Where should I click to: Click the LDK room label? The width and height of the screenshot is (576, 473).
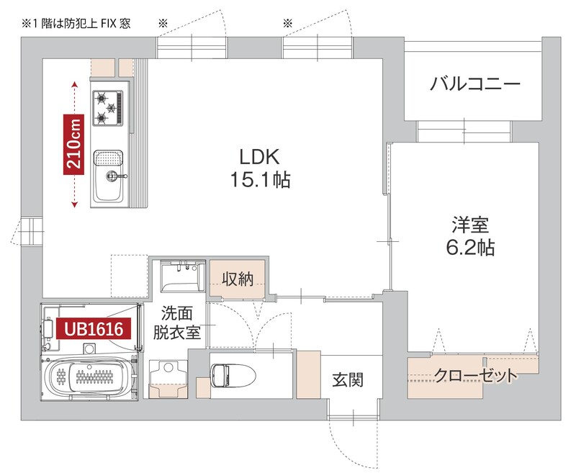(260, 157)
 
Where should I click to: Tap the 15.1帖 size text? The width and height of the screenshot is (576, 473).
(260, 180)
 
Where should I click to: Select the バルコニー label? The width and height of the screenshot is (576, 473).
(474, 84)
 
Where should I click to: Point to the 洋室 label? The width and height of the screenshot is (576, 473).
(469, 225)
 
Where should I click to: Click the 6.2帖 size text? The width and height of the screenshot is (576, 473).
(469, 248)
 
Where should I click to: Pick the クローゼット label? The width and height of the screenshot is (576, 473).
(475, 376)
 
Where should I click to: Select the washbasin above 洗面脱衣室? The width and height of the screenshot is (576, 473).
(179, 276)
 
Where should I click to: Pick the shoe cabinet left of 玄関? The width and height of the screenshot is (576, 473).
(307, 374)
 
